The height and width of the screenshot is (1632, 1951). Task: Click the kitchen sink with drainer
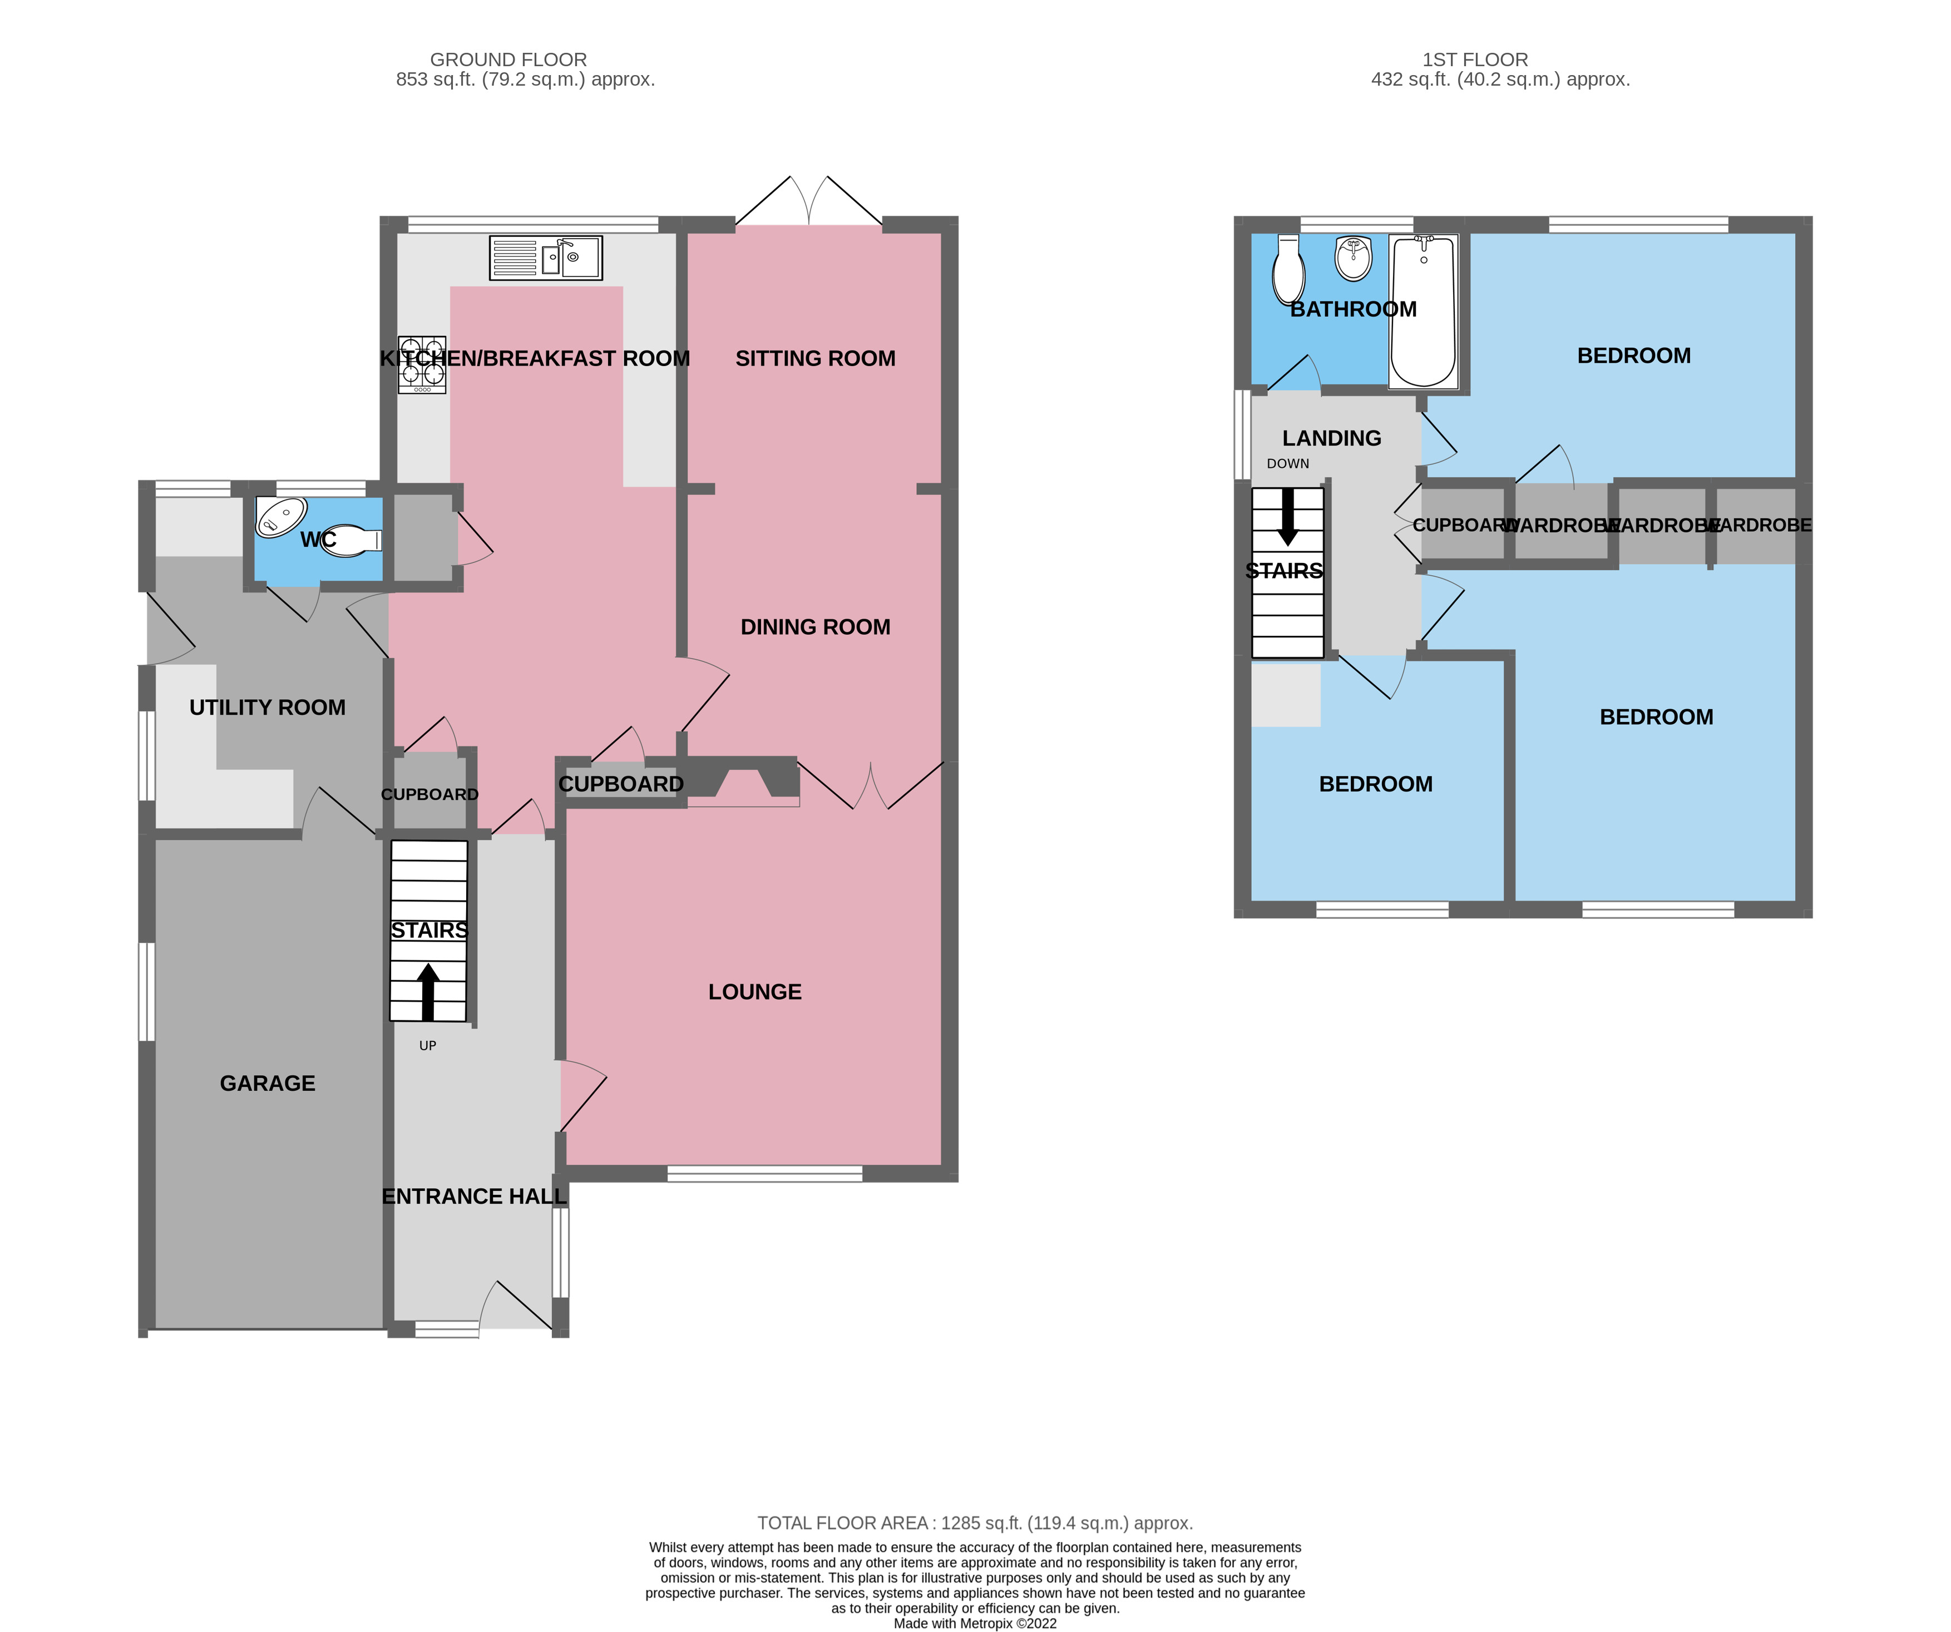tap(545, 258)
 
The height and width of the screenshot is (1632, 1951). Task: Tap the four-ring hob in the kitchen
tap(422, 364)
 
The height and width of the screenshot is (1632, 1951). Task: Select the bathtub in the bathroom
tap(1422, 311)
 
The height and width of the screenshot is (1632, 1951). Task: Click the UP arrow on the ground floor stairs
tap(427, 992)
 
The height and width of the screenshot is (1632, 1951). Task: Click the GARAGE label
tap(268, 1083)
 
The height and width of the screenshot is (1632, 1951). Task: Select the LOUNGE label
tap(754, 992)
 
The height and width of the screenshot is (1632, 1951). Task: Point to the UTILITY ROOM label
tap(268, 708)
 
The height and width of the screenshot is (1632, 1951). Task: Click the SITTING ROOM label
tap(815, 359)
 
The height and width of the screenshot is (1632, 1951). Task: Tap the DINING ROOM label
tap(815, 627)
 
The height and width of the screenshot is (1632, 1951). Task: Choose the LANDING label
tap(1331, 438)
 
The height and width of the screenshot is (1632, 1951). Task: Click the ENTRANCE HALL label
tap(474, 1196)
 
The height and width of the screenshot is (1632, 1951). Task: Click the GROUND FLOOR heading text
tap(508, 60)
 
